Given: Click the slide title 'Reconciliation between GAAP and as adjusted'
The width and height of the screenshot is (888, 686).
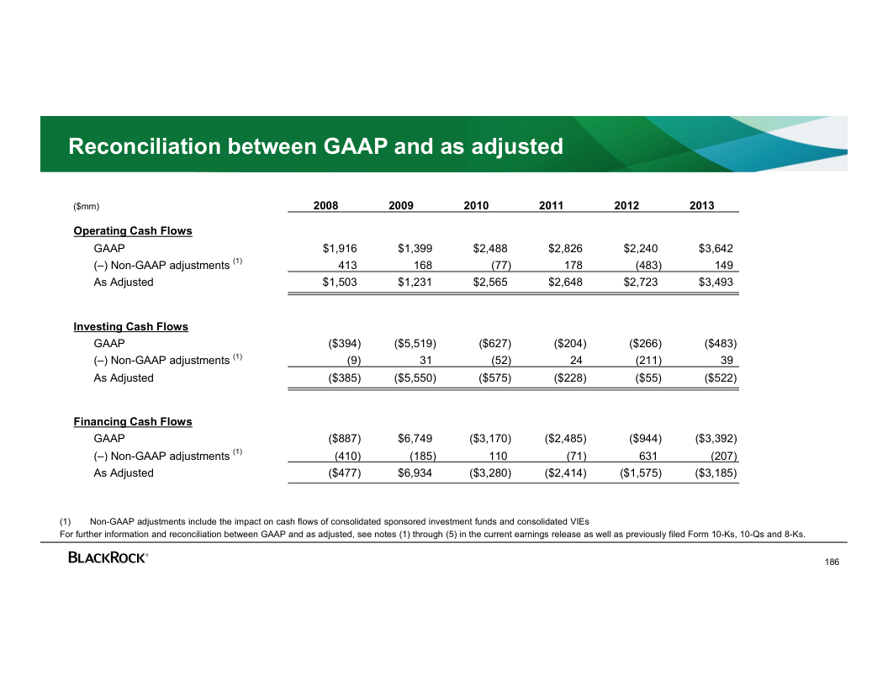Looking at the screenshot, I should (315, 147).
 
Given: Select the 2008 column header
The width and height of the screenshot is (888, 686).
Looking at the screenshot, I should (326, 206).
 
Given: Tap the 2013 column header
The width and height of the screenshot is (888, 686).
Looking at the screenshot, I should (701, 206).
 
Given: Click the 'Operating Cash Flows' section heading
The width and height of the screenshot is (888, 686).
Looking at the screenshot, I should (133, 231).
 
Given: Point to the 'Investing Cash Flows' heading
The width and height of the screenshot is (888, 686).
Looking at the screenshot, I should (131, 327).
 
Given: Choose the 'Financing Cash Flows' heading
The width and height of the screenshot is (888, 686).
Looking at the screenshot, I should (133, 422).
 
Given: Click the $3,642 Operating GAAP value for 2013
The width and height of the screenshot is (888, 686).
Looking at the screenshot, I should (716, 249).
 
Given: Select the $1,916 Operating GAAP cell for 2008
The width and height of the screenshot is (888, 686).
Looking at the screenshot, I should (340, 249).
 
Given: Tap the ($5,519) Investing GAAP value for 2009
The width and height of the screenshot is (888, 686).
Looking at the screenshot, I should (415, 344).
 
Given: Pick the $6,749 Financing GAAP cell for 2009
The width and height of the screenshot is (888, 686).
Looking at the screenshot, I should (415, 439).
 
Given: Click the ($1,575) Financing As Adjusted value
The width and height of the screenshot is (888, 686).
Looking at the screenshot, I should (640, 473).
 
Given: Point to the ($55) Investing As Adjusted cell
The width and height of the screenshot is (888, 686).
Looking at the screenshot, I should (645, 378).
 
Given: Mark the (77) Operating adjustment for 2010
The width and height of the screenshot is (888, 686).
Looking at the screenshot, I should (500, 266).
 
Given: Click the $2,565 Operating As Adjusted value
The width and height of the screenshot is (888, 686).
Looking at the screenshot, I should (490, 282).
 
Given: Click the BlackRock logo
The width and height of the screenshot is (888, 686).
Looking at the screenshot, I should (108, 557).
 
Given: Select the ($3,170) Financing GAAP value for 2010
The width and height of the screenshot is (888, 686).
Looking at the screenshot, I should (490, 439).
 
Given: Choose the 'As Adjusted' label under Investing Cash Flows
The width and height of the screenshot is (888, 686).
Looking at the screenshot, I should (124, 378).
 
